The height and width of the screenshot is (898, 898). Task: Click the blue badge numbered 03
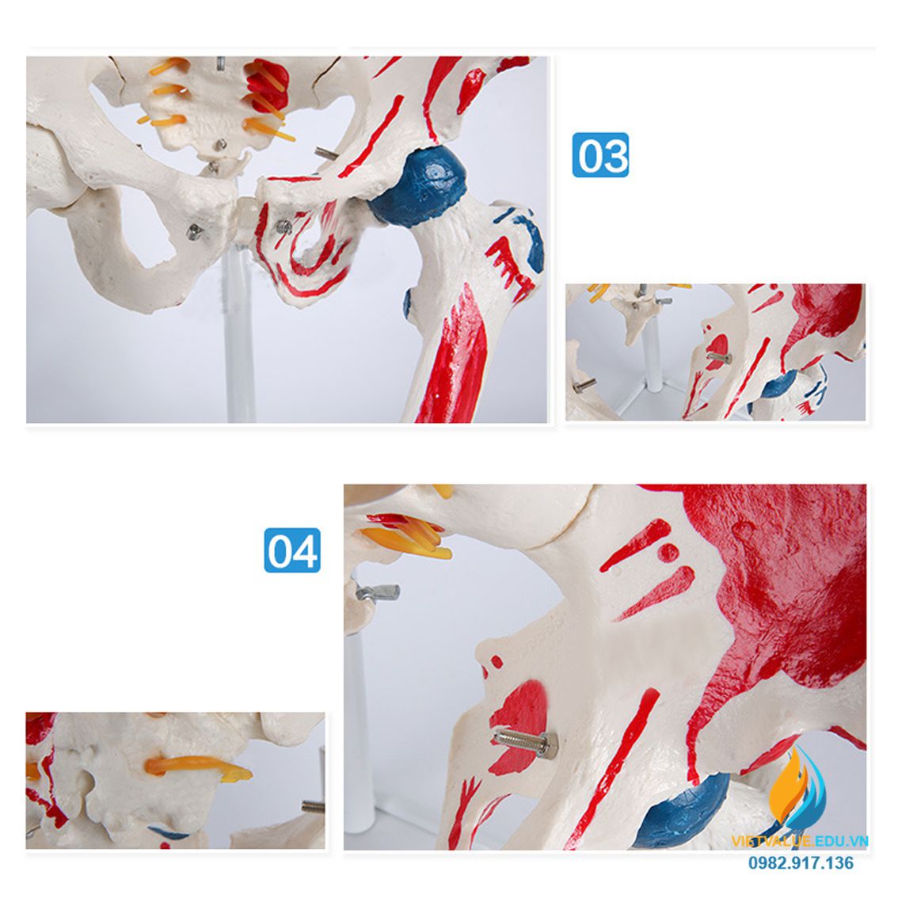pos(600,154)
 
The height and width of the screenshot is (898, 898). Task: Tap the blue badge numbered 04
pos(291,550)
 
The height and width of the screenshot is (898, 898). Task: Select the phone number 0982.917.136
pos(801,862)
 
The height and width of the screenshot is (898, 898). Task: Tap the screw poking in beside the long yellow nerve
pos(313,807)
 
